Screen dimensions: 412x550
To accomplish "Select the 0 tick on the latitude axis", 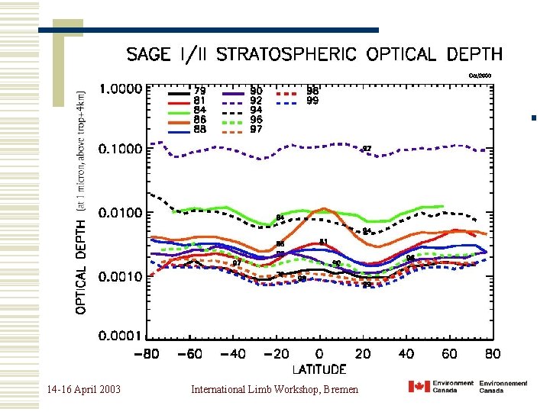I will [320, 354].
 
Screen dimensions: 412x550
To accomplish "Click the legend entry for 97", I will [244, 129].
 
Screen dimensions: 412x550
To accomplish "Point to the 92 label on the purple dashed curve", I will [367, 148].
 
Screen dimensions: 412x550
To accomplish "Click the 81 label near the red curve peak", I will [324, 242].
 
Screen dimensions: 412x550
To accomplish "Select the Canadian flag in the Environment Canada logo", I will [419, 386].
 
